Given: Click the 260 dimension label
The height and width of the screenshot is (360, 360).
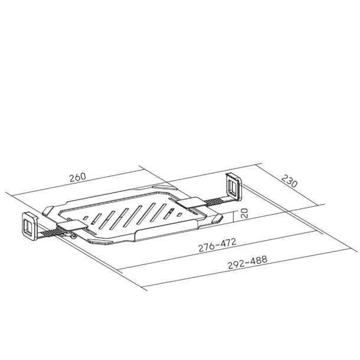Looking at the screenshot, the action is [77, 177].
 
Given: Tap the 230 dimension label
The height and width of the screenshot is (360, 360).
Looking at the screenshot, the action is [289, 181].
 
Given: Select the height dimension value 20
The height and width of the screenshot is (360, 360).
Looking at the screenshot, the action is [244, 213].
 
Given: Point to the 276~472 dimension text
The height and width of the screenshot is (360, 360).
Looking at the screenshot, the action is [217, 245].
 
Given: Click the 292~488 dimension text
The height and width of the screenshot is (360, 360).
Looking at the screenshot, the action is [247, 262].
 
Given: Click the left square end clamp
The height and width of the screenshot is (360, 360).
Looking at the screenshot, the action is [30, 225].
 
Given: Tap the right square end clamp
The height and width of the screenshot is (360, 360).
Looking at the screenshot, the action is [234, 187].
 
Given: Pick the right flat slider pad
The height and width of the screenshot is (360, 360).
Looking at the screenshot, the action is [192, 202].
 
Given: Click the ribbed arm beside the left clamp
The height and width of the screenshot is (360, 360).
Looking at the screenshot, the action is [48, 233].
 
